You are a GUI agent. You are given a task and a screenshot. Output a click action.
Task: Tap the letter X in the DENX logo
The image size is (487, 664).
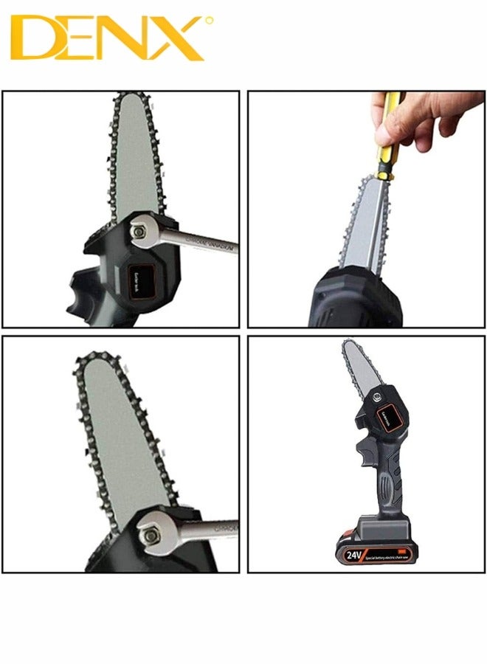tap(177, 38)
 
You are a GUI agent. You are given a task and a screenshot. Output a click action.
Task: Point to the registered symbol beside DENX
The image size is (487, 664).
tap(209, 21)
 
